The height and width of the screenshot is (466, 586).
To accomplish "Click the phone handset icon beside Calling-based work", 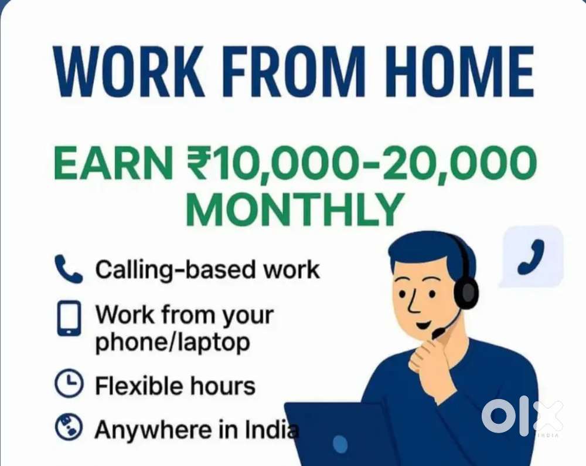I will pos(69,269).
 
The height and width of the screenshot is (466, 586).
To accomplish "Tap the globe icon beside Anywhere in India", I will pos(69,429).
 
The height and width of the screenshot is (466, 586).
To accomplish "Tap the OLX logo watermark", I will pos(522,416).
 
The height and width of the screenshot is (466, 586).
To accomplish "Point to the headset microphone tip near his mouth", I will pos(437,335).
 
